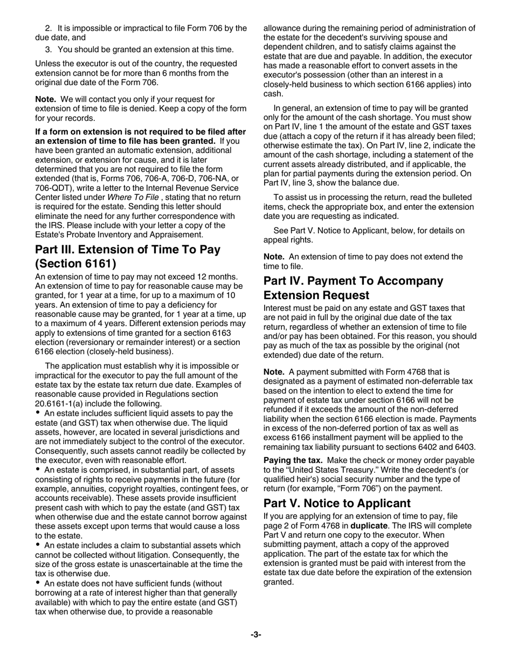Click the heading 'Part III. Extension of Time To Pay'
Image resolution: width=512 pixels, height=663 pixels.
click(127, 250)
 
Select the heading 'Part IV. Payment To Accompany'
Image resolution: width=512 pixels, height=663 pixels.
click(354, 281)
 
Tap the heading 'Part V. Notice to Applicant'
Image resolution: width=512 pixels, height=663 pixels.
click(337, 503)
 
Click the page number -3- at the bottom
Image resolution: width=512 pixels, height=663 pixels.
click(255, 635)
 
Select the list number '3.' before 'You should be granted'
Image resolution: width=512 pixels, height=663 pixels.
click(48, 50)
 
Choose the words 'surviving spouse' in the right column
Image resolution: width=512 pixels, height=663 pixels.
click(416, 38)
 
